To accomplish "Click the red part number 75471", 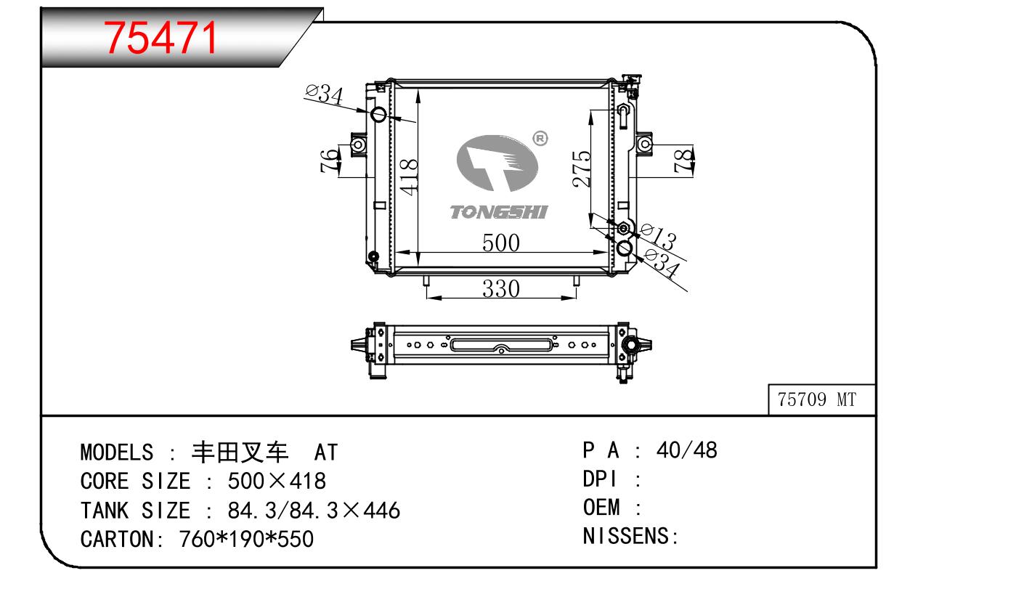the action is (161, 38).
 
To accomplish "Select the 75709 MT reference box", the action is (821, 399).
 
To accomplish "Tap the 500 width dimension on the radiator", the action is (501, 243).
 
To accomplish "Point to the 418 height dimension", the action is (408, 176).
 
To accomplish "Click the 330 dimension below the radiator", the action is (501, 288).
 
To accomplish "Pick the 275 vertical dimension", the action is (582, 168).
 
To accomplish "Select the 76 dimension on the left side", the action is (330, 160).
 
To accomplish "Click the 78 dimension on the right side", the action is (684, 161).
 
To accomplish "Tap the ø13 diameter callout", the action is (657, 236).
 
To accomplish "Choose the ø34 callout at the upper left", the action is (324, 94).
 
